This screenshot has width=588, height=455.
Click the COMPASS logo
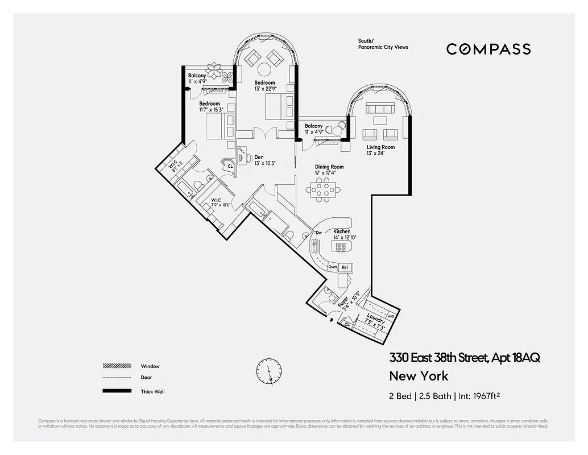tap(488, 49)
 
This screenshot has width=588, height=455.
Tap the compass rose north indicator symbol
tap(268, 370)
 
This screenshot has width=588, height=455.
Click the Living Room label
tap(380, 147)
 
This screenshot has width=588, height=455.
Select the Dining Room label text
tap(329, 167)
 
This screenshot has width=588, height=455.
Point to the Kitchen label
tap(342, 231)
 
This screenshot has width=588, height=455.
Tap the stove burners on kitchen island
tap(341, 247)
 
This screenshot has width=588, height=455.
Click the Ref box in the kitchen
tap(345, 267)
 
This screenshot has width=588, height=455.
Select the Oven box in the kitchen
tap(333, 267)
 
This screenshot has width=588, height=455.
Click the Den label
tap(258, 157)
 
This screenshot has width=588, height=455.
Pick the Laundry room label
tap(376, 318)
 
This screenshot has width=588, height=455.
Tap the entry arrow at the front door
tap(332, 320)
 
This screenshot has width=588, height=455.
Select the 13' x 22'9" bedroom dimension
tap(265, 89)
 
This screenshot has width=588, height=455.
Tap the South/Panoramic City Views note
tap(383, 44)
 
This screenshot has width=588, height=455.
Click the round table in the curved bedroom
tap(264, 69)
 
